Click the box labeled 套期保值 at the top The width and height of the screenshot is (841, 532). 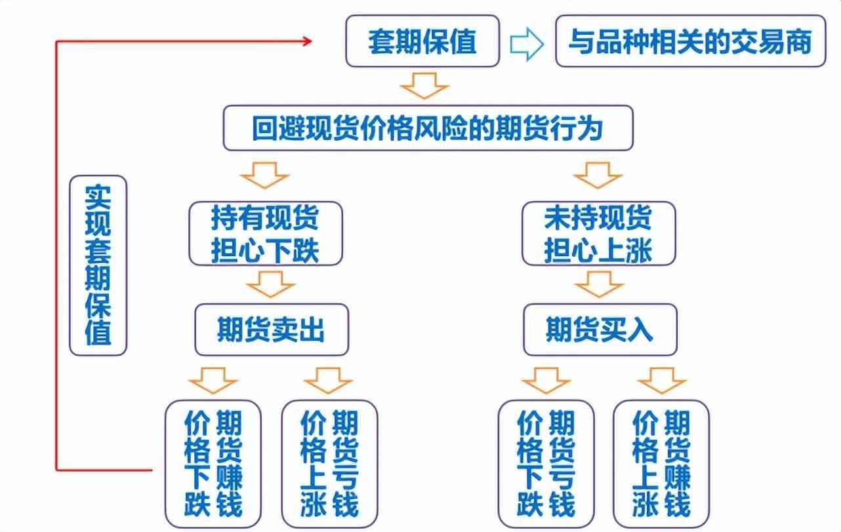(422, 41)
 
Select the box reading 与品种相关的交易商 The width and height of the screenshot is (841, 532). (690, 41)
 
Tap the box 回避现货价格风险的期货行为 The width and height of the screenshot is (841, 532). (428, 128)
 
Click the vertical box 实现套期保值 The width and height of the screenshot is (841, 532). (98, 265)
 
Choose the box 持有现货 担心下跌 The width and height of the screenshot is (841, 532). (266, 234)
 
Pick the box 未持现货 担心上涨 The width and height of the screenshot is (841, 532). (598, 234)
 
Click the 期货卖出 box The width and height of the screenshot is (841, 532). (272, 330)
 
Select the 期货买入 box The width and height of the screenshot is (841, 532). (600, 330)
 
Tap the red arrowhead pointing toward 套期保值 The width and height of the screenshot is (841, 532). (308, 41)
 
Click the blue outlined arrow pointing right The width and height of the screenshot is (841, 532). (527, 44)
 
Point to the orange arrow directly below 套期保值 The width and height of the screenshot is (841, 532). (424, 86)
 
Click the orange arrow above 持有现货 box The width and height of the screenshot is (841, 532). (264, 176)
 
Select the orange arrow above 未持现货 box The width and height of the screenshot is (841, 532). (598, 176)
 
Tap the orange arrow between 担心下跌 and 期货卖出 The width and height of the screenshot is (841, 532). (270, 284)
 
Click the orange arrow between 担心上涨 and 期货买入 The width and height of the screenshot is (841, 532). (599, 284)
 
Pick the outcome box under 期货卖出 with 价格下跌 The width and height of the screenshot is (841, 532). (213, 464)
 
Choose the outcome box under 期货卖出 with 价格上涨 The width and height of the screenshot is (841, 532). (329, 464)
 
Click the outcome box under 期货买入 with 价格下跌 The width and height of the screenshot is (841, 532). (546, 464)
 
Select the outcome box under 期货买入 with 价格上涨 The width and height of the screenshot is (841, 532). (661, 464)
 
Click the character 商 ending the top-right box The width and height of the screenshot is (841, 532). (799, 42)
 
